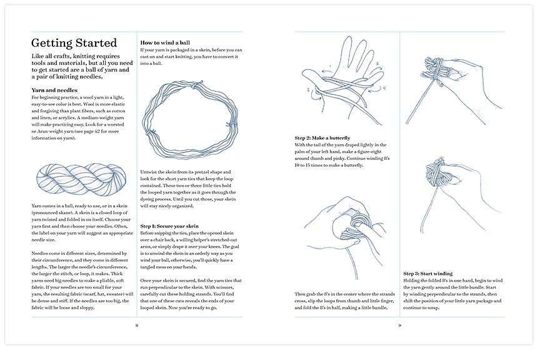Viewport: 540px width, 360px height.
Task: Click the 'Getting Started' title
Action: point(74,43)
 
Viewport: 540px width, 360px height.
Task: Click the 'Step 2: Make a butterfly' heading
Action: point(322,137)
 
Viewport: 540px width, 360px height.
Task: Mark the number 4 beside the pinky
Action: point(384,88)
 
